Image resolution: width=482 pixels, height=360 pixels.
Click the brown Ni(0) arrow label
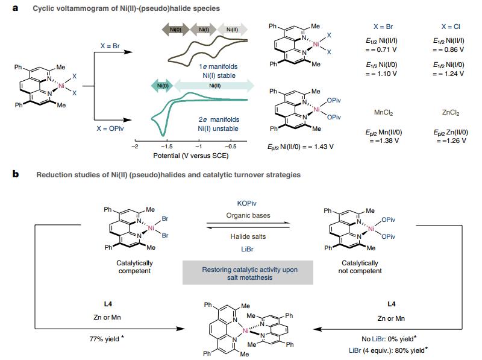pyautogui.click(x=175, y=28)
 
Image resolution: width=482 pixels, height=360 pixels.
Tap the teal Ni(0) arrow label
pyautogui.click(x=158, y=86)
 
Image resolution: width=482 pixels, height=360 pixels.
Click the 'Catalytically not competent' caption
pyautogui.click(x=361, y=267)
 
